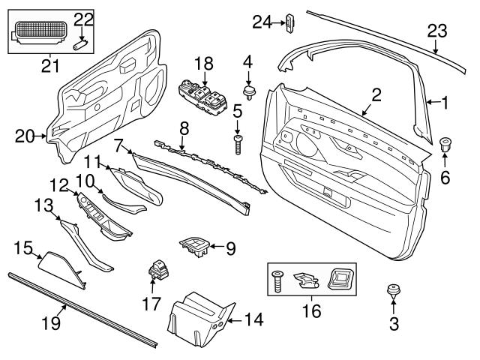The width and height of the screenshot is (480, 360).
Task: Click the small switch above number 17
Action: [x=159, y=268]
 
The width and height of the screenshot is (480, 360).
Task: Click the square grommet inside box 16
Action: [x=341, y=280]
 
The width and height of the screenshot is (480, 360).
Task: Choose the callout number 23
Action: [x=436, y=31]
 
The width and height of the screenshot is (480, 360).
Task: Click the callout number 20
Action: [x=24, y=136]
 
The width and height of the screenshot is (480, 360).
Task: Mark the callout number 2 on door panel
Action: [x=376, y=94]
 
